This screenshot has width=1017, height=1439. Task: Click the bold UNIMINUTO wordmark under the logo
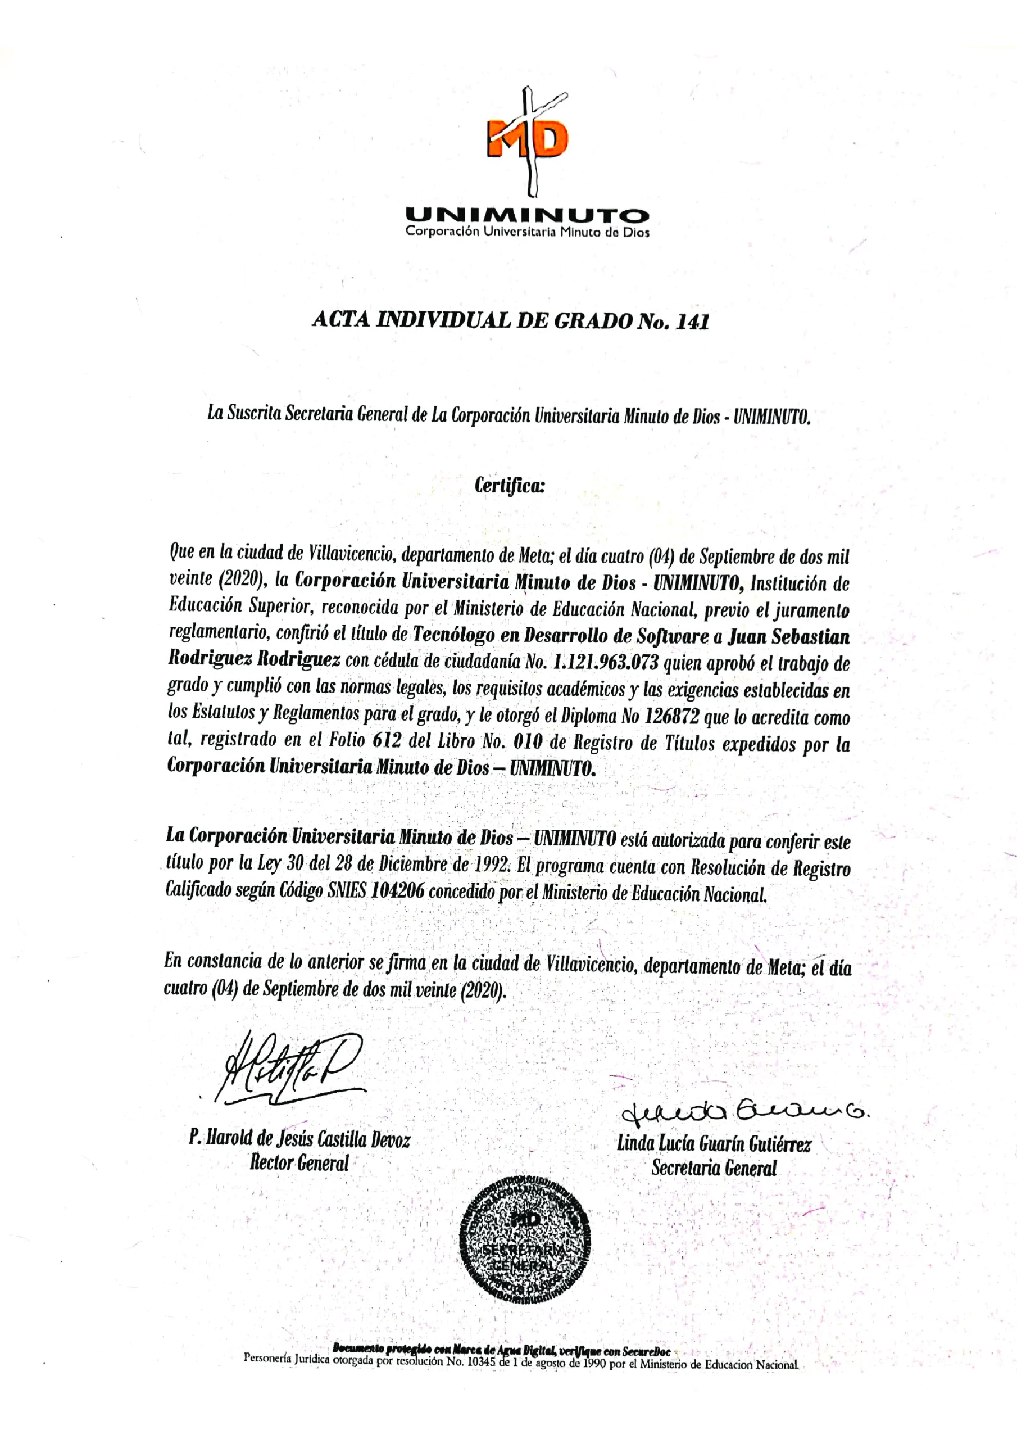click(x=527, y=216)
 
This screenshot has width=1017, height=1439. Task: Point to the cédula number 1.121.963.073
click(x=605, y=663)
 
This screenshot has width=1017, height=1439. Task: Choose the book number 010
click(x=528, y=743)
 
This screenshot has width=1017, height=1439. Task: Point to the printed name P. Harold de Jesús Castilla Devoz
click(x=299, y=1138)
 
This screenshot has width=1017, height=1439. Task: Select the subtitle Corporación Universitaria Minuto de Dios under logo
click(x=527, y=232)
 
